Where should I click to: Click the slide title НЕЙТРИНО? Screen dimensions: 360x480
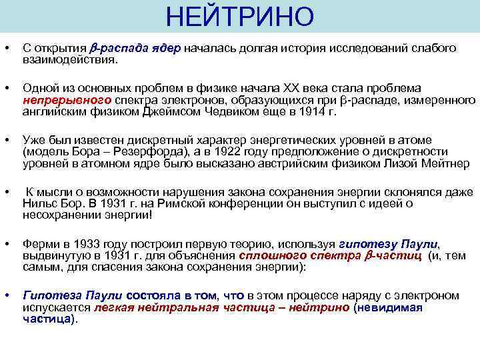pyautogui.click(x=239, y=17)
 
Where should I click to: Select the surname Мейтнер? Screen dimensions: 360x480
pyautogui.click(x=445, y=164)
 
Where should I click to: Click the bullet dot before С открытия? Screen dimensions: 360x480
pyautogui.click(x=6, y=49)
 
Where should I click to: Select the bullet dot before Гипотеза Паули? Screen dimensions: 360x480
pyautogui.click(x=6, y=296)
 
